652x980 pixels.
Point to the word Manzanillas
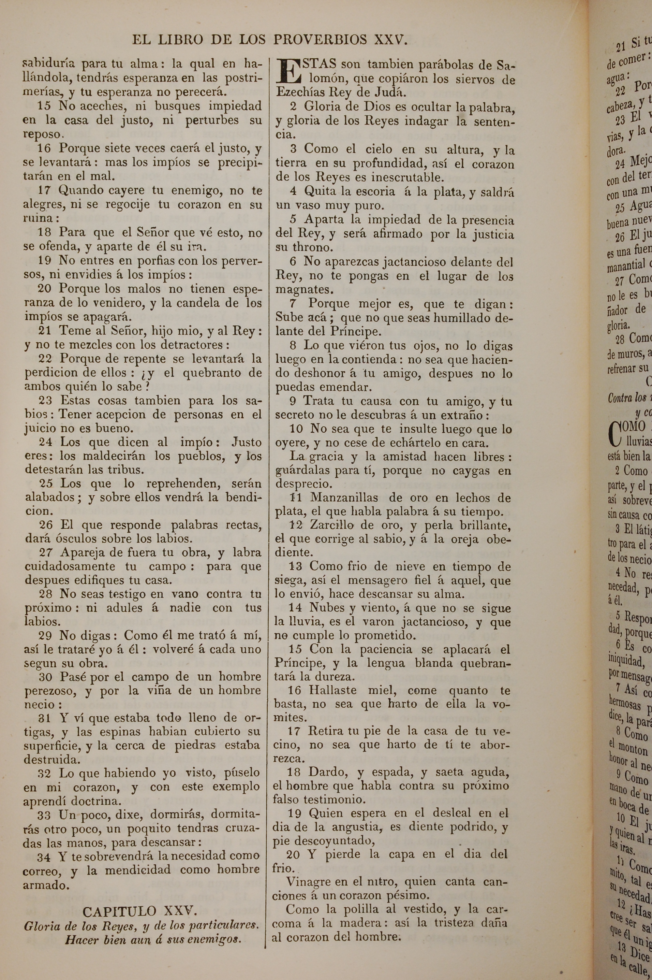coord(338,498)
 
